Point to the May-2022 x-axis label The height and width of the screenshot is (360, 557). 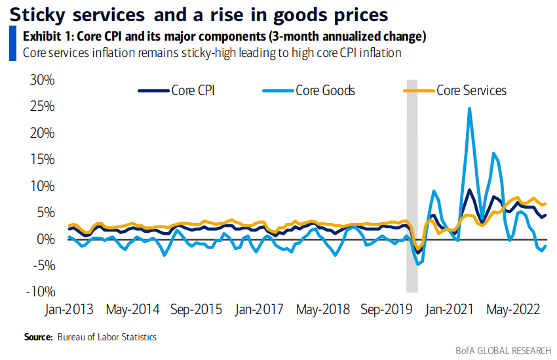coord(515,309)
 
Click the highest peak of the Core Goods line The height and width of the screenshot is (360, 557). coord(470,108)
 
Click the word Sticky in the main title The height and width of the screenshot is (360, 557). coord(40,14)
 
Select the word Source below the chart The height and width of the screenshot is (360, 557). coord(37,336)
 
